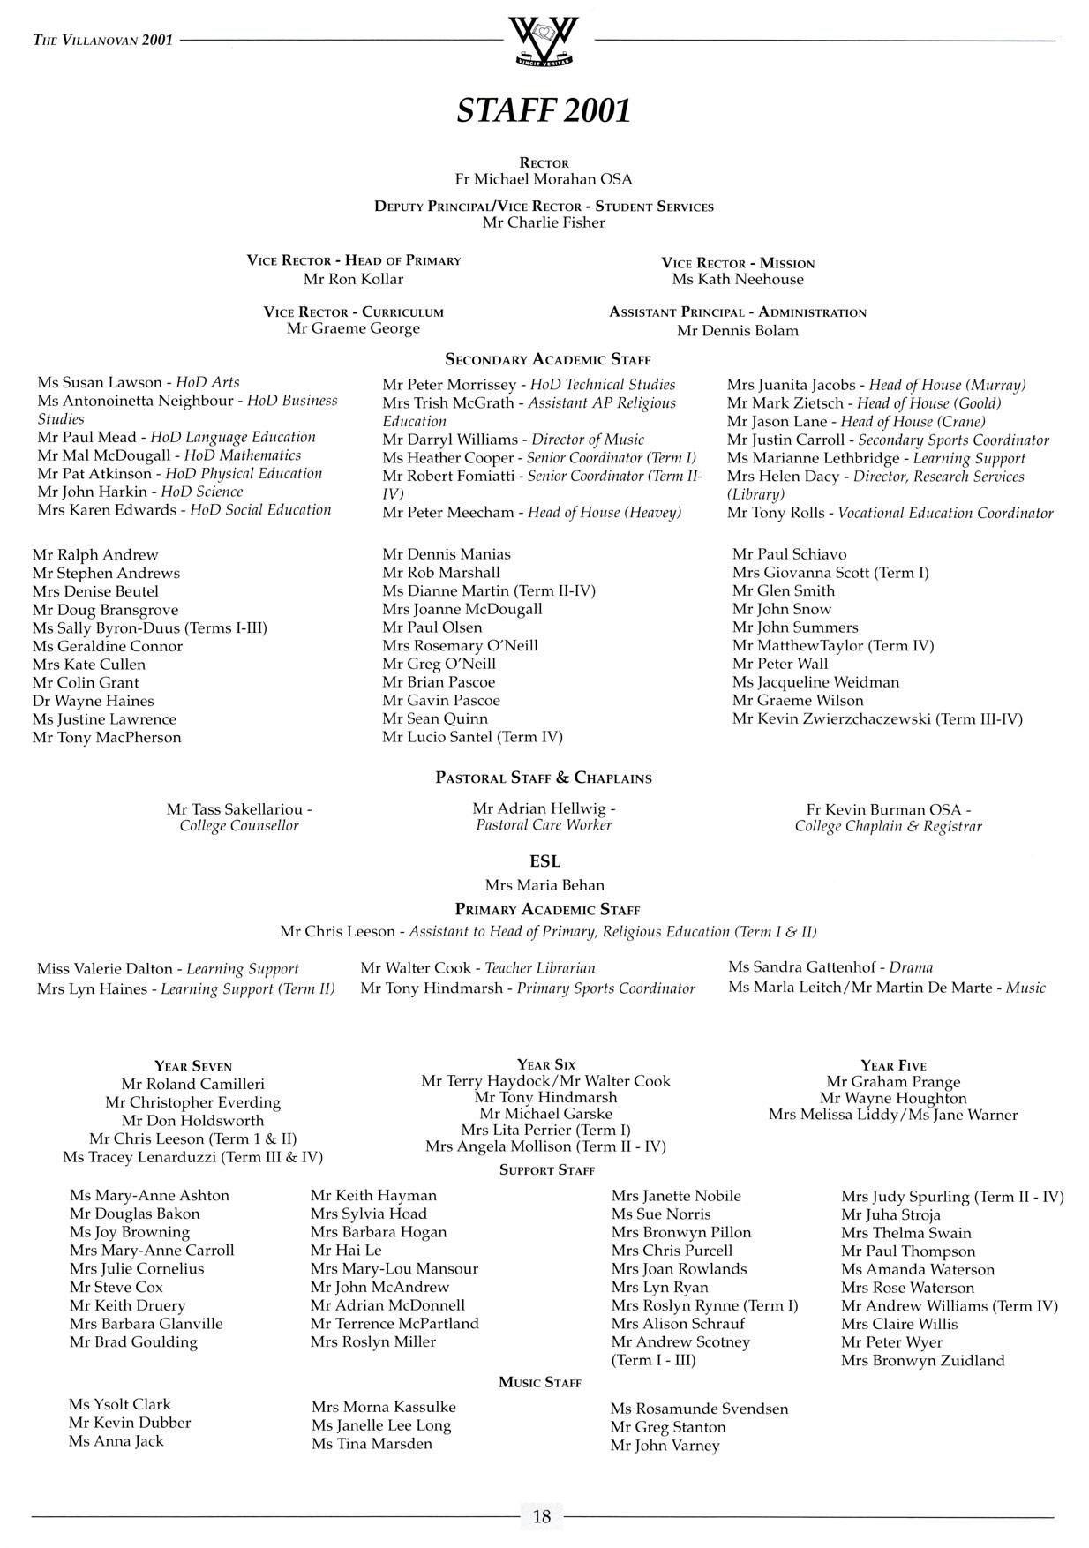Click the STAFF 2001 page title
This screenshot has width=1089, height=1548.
pos(544,110)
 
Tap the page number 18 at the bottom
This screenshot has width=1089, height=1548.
pos(542,1516)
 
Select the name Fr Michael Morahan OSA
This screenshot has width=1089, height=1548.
pos(544,179)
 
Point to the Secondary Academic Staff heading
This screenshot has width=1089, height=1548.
pos(547,359)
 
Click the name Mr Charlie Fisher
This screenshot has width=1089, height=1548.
pos(544,222)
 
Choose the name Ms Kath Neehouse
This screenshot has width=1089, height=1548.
pos(738,280)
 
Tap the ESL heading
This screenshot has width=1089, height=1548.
pos(544,861)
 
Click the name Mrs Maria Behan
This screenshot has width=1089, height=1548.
pos(544,885)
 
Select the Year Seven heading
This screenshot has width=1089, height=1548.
pos(193,1066)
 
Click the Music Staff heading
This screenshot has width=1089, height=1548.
pos(540,1382)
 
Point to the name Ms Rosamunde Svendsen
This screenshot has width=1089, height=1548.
pos(699,1409)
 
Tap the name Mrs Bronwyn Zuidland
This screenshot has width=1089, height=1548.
pos(922,1360)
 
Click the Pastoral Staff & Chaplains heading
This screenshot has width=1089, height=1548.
pos(544,778)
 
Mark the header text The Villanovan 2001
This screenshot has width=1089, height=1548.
pos(102,40)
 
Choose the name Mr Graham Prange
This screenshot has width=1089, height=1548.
pos(893,1082)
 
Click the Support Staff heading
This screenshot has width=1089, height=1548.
pos(547,1170)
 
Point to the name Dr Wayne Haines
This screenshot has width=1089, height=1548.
pos(93,701)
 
